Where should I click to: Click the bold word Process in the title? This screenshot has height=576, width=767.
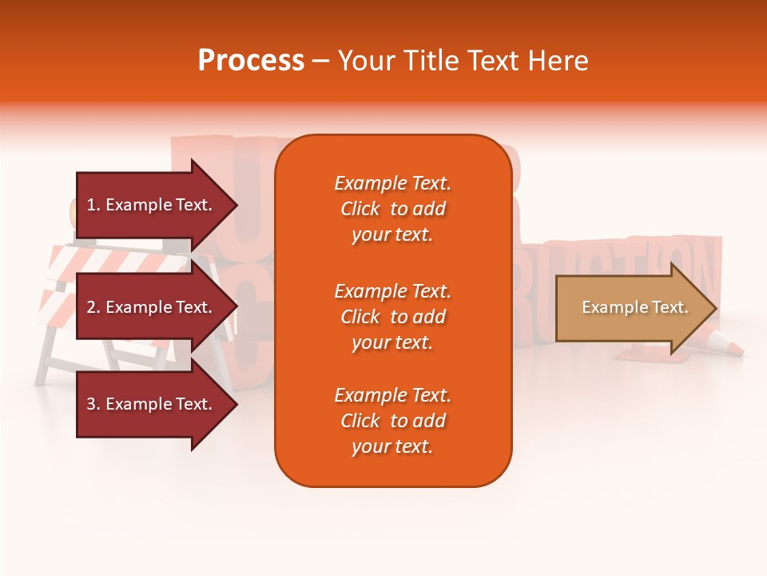pyautogui.click(x=251, y=61)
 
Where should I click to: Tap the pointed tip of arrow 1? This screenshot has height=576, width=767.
pyautogui.click(x=235, y=205)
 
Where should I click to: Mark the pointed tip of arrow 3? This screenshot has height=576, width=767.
pyautogui.click(x=235, y=404)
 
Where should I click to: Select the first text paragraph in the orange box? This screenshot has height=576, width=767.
pyautogui.click(x=392, y=209)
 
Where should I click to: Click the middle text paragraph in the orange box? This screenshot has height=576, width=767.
pyautogui.click(x=392, y=317)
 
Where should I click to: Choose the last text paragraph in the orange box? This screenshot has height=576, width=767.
pyautogui.click(x=392, y=421)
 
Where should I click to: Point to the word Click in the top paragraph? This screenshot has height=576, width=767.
pyautogui.click(x=360, y=210)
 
